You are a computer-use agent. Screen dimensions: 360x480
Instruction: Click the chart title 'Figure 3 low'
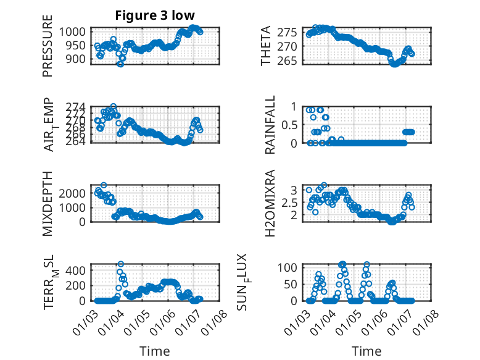(x=155, y=16)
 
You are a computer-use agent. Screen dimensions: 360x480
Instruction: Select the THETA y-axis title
(x=266, y=46)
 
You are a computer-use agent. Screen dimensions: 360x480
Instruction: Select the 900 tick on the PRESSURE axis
(x=77, y=59)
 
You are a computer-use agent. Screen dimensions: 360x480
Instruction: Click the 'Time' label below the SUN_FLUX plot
(x=366, y=351)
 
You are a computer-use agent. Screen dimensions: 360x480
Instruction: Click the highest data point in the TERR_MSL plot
(x=121, y=264)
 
